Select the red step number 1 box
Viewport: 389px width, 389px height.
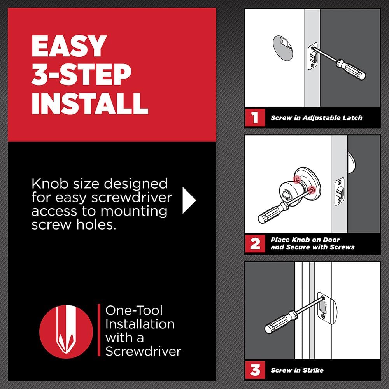pos(254,118)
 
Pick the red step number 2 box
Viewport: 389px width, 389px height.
pos(254,244)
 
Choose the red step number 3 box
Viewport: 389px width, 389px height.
pos(254,370)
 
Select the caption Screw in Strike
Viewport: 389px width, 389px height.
pos(297,370)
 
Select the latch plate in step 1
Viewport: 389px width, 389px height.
pos(312,56)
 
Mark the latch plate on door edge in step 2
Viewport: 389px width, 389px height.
pos(340,191)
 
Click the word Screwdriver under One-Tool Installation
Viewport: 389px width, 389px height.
pos(143,351)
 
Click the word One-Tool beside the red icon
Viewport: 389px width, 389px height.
pos(134,310)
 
